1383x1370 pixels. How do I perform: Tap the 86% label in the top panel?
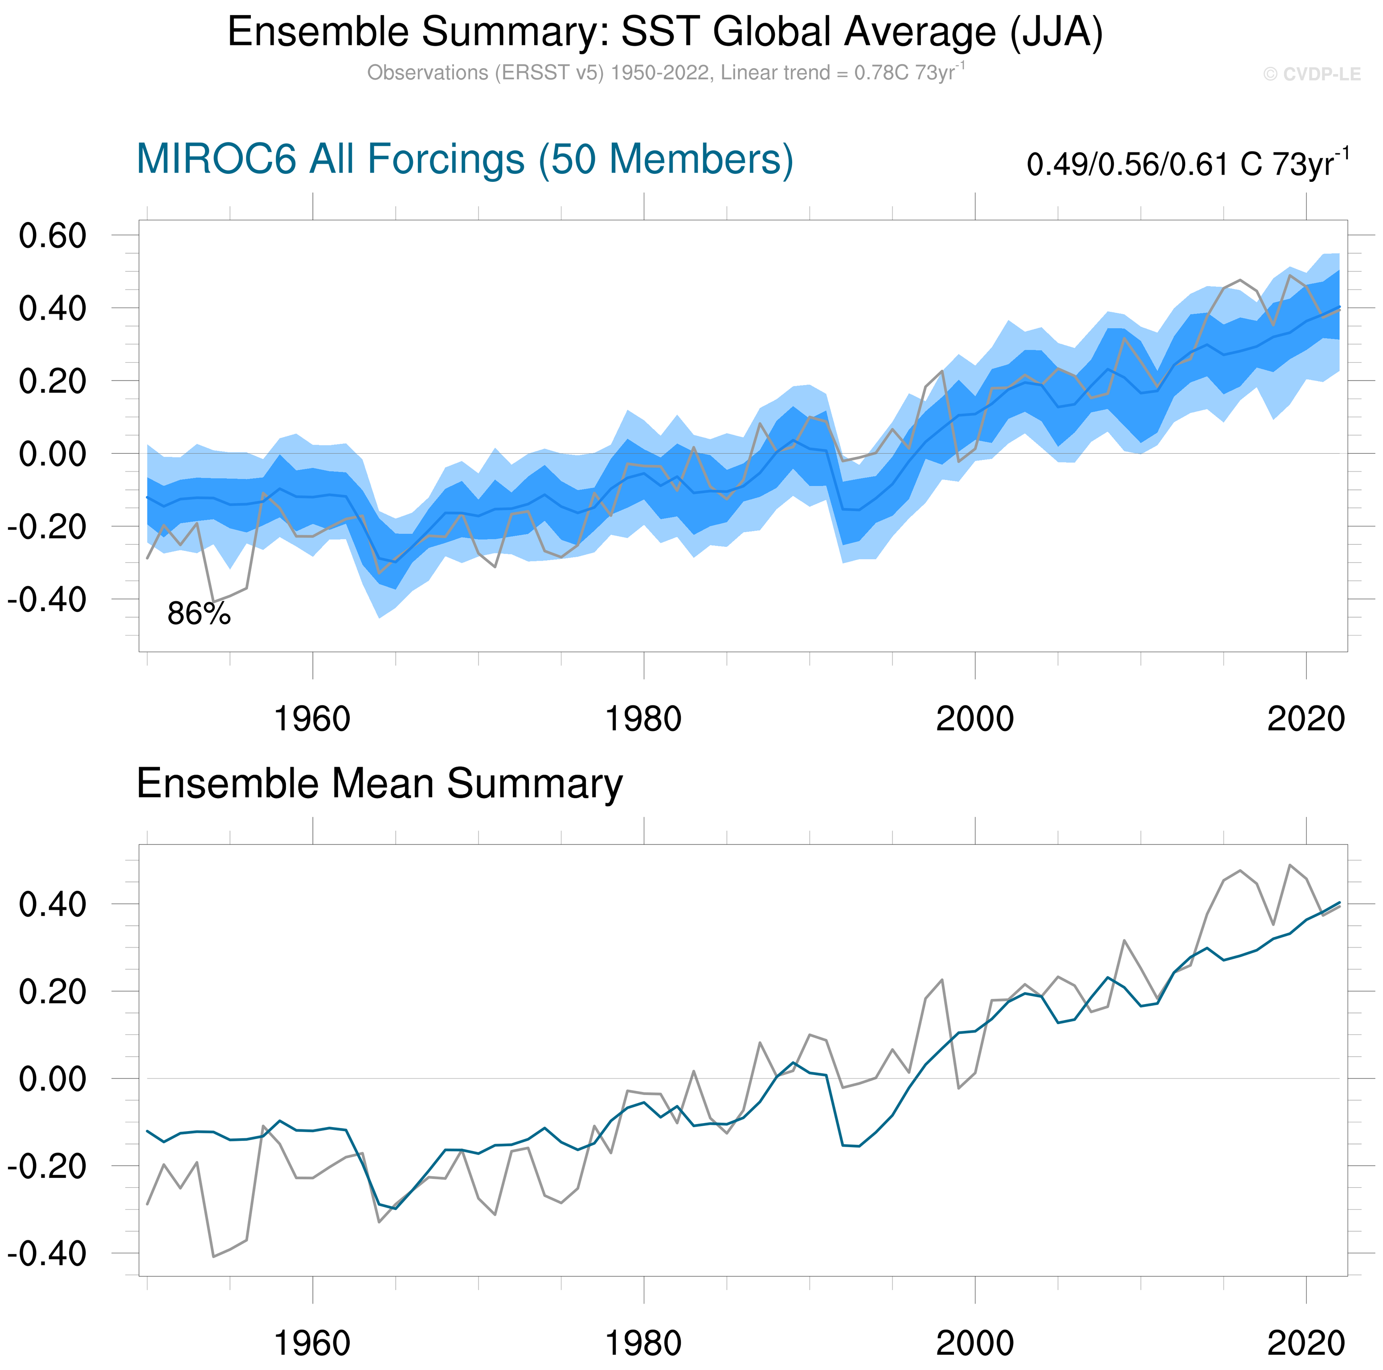[x=199, y=614]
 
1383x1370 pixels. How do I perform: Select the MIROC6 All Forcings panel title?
[x=465, y=159]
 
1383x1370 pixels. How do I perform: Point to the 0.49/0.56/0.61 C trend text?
[x=1187, y=164]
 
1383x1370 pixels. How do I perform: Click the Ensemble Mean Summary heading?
[x=380, y=783]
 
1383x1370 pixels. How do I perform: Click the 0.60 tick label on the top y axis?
[x=52, y=236]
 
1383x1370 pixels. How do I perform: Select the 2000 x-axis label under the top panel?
[x=974, y=718]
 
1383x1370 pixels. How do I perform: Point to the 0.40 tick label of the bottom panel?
[x=52, y=905]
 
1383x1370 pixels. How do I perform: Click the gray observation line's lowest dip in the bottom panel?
[x=213, y=1256]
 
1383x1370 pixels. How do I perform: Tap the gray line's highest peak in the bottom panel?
[x=1290, y=865]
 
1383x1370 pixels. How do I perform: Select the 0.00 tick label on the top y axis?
[x=52, y=454]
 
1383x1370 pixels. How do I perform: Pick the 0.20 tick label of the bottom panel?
[x=52, y=992]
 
